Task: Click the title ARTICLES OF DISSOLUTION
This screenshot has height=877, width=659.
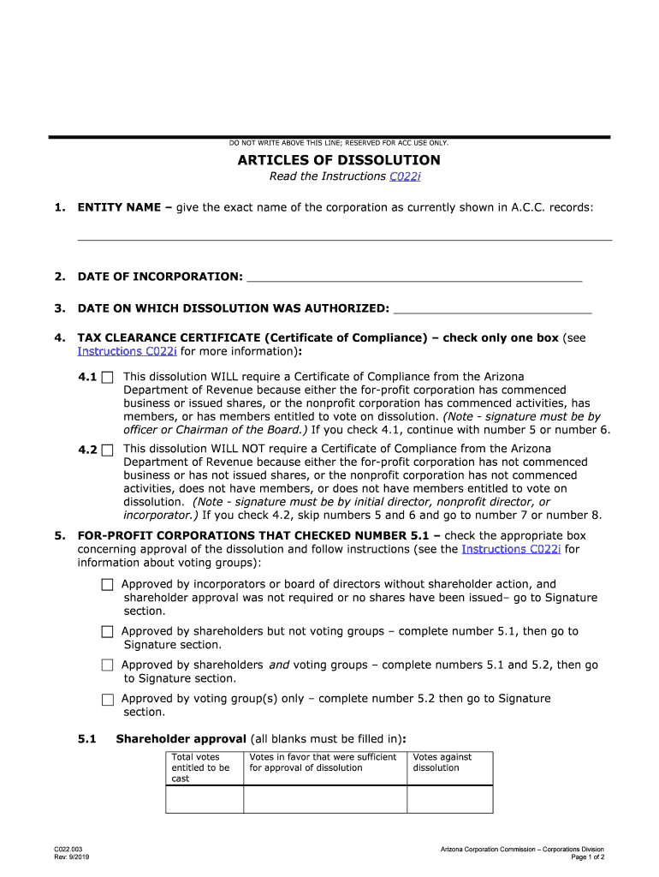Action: pyautogui.click(x=339, y=160)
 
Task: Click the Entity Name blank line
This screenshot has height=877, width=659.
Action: pyautogui.click(x=345, y=234)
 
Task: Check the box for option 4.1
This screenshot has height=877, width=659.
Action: pyautogui.click(x=107, y=377)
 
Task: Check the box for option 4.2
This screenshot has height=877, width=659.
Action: pyautogui.click(x=107, y=450)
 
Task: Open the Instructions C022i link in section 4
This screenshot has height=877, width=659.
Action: pyautogui.click(x=127, y=351)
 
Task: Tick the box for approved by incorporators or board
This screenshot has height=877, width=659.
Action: pyautogui.click(x=107, y=585)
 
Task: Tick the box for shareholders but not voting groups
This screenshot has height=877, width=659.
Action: pyautogui.click(x=107, y=632)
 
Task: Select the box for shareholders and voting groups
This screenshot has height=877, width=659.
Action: pyautogui.click(x=107, y=665)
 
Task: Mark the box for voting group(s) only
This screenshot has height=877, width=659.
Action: pyautogui.click(x=107, y=699)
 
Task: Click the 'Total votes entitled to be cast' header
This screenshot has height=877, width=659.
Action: pyautogui.click(x=204, y=767)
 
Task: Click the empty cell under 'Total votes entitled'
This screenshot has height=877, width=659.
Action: pyautogui.click(x=205, y=798)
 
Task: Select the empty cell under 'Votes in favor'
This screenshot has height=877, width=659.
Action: pyautogui.click(x=324, y=798)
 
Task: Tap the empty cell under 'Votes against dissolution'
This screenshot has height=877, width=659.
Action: pyautogui.click(x=449, y=798)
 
